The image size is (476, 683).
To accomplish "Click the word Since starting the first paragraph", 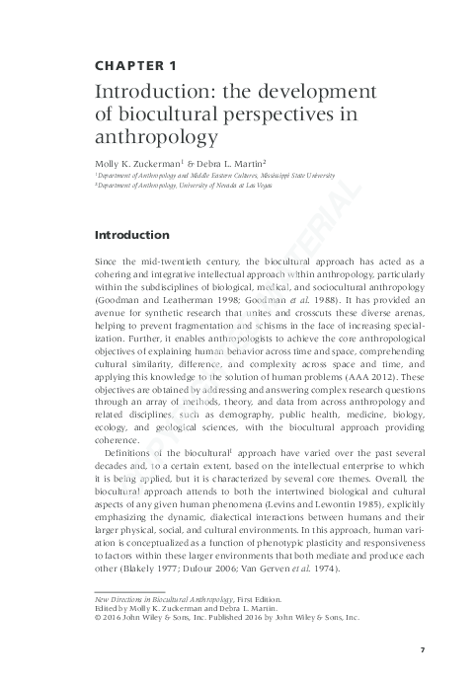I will tap(106, 258).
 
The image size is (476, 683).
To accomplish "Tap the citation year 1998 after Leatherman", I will tap(222, 296).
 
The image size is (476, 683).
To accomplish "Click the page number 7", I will tap(422, 648).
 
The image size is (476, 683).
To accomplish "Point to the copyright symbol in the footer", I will tap(96, 618).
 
